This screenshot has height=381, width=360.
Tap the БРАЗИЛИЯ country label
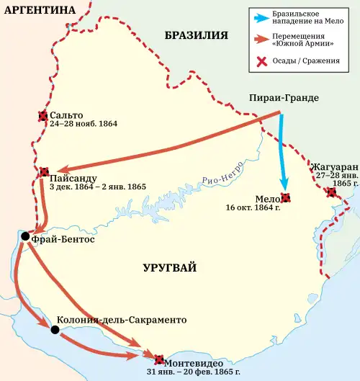(196, 35)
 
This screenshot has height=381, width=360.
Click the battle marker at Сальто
(42, 115)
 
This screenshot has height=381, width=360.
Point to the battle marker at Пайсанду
(44, 172)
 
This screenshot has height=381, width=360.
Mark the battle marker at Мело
(286, 198)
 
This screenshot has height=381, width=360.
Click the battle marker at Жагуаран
(330, 192)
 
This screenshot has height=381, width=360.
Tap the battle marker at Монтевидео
(158, 358)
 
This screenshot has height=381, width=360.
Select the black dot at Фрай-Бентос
(25, 236)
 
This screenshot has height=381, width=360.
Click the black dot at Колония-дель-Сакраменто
(55, 330)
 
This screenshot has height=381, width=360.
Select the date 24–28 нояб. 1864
(84, 124)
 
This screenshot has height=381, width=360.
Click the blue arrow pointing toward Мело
(282, 155)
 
